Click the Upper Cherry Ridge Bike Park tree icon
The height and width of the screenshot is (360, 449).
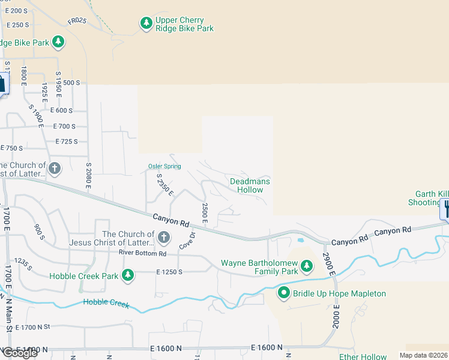(146, 23)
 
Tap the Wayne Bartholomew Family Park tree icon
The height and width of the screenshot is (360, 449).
(307, 265)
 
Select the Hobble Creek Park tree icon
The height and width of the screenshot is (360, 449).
(127, 275)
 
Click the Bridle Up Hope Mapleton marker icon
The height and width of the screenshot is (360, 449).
(284, 293)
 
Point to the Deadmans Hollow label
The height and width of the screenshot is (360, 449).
(250, 185)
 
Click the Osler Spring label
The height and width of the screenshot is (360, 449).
(164, 166)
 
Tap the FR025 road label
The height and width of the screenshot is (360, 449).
(77, 21)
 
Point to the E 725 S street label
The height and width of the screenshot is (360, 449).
(67, 142)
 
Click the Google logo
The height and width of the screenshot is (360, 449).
(19, 353)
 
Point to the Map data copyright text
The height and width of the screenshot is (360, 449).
(424, 355)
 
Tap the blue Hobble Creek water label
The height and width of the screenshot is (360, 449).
(106, 303)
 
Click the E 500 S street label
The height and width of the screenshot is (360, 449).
(68, 83)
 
